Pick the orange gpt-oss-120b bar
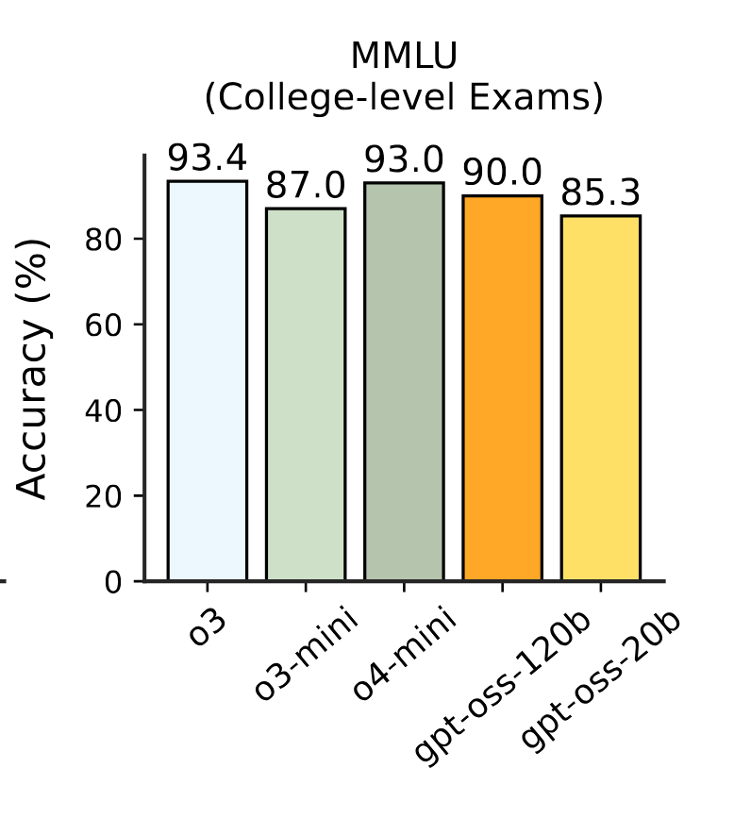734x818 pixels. click(502, 388)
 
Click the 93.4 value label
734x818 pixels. click(208, 159)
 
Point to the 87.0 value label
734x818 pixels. click(306, 187)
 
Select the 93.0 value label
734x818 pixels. click(404, 161)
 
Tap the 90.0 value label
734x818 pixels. click(502, 174)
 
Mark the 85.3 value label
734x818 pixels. click(600, 193)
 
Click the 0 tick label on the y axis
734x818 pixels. click(113, 582)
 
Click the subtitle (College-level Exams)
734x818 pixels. click(404, 97)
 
